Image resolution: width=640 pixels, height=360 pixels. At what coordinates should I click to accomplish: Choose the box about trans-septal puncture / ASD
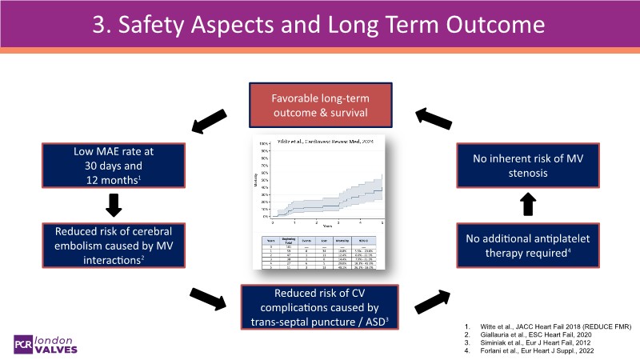click(x=320, y=306)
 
